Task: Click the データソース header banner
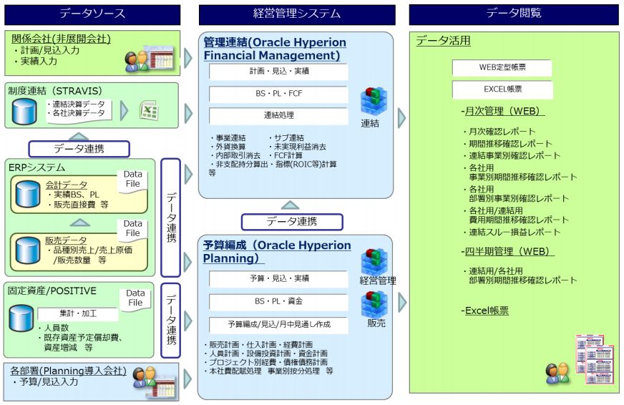[92, 14]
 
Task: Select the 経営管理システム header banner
[297, 14]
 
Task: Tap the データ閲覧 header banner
[513, 14]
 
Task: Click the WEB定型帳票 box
[502, 68]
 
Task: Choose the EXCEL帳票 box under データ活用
[502, 90]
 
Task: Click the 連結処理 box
[278, 116]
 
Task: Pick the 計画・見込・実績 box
[278, 72]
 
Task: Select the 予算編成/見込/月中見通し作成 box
[278, 324]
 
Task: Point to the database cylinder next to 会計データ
[27, 193]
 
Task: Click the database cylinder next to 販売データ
[27, 249]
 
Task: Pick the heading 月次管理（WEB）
[503, 112]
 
